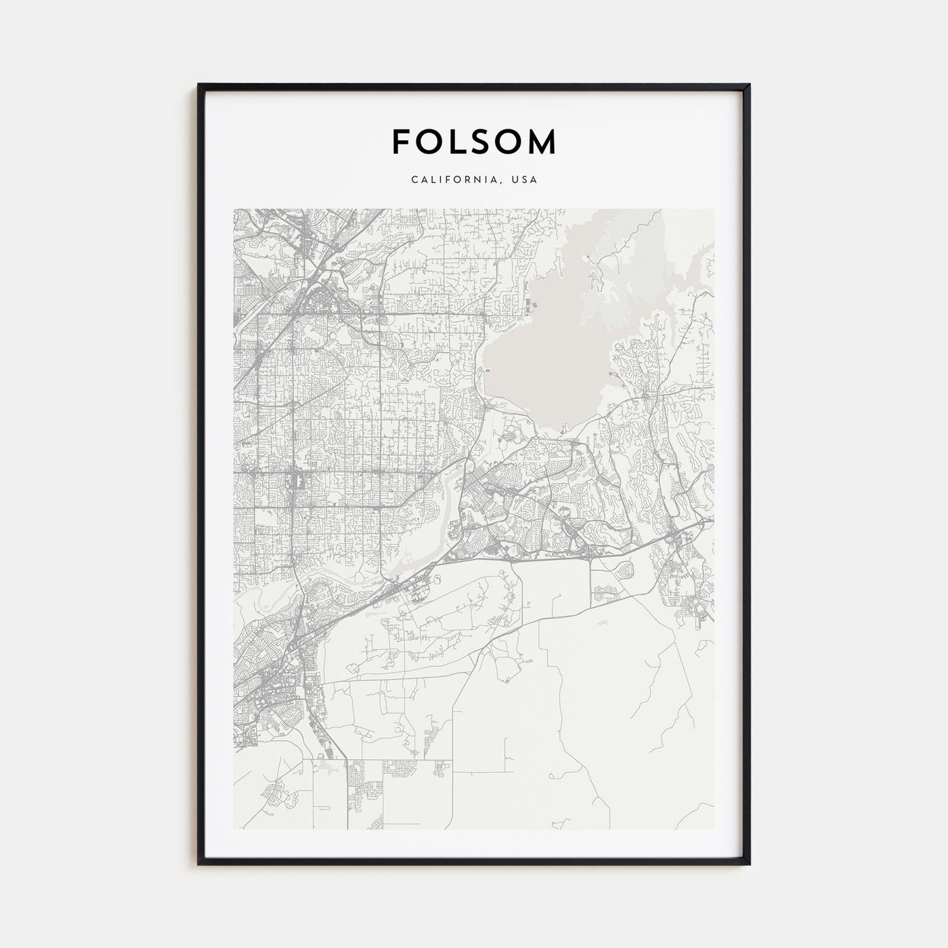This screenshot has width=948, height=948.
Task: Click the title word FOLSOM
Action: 474,142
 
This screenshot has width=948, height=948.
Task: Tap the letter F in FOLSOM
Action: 400,142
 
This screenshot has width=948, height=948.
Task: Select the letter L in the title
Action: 458,142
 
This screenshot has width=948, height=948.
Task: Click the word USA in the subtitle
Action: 525,180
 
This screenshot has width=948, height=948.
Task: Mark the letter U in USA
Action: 516,180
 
